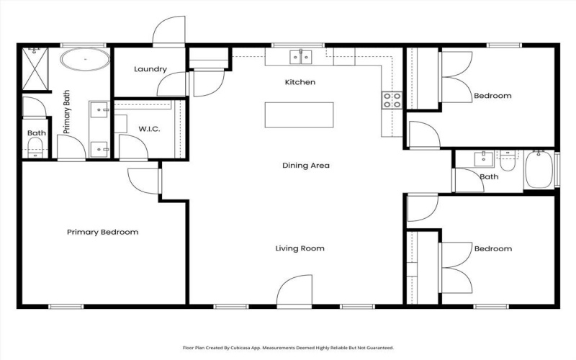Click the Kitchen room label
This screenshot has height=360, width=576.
[x=300, y=83]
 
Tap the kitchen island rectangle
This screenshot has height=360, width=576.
[x=299, y=115]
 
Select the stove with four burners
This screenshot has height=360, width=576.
[x=392, y=101]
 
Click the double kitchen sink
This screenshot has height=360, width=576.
[x=300, y=56]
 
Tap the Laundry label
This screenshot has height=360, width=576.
[x=150, y=70]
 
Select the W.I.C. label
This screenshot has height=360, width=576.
[x=149, y=129]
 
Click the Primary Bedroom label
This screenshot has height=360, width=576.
[x=102, y=233]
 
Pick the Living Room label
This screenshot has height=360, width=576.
[x=300, y=248]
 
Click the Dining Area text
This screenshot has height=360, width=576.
[x=305, y=166]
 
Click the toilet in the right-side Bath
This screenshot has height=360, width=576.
[x=508, y=163]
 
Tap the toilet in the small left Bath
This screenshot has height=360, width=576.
[x=35, y=149]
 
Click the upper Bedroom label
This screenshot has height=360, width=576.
[x=492, y=96]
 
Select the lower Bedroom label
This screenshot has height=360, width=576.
[x=492, y=249]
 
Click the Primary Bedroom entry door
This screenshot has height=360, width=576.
[x=143, y=180]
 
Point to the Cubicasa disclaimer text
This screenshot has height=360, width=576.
[x=288, y=347]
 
